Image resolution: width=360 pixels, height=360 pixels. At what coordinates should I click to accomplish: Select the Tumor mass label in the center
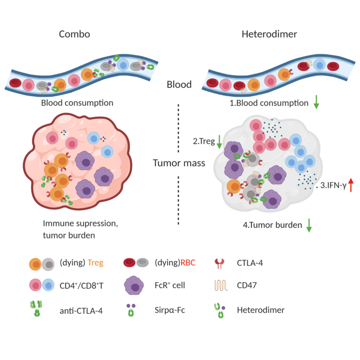click(x=178, y=163)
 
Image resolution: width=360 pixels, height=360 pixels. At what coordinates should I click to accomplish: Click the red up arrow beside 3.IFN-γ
click(x=351, y=184)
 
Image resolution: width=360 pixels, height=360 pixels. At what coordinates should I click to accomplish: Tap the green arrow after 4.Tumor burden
click(x=309, y=225)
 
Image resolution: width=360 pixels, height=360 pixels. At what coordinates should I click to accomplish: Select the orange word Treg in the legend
click(x=95, y=262)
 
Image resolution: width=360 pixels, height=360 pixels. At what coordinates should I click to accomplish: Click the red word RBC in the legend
click(x=188, y=262)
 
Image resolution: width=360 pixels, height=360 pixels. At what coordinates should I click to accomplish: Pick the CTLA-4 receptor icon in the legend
click(x=220, y=263)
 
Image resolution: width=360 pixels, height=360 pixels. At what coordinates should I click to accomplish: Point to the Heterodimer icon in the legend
click(x=220, y=310)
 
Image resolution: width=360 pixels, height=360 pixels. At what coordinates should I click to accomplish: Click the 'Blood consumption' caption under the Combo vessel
click(x=77, y=103)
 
